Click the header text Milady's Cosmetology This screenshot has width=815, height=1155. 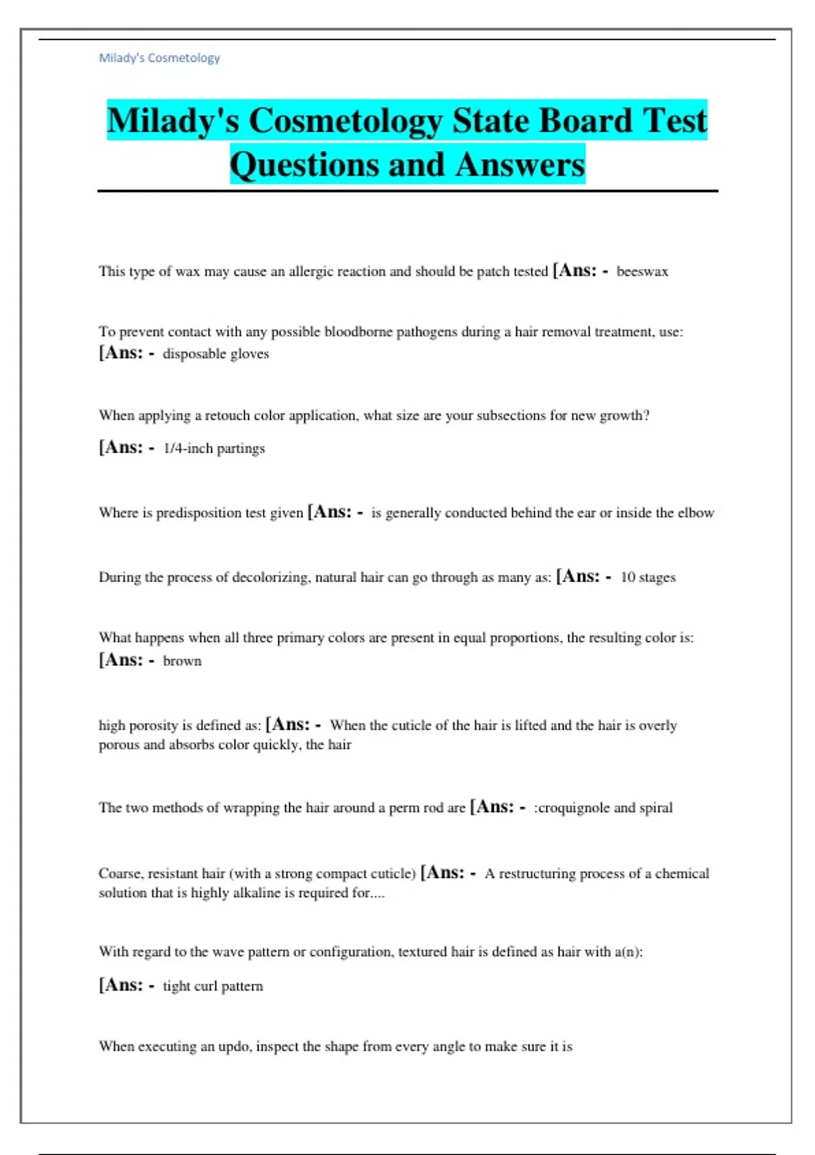[x=160, y=58]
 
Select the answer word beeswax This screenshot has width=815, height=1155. [x=642, y=272]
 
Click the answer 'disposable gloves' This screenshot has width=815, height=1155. [x=215, y=354]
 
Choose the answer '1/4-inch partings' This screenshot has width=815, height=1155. [x=214, y=448]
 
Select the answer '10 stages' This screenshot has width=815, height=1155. [x=648, y=577]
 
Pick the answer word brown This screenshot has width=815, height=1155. [x=182, y=661]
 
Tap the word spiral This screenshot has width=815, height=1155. [x=655, y=808]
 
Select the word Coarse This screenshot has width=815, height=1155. [x=120, y=874]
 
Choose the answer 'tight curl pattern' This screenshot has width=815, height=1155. [x=213, y=987]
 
